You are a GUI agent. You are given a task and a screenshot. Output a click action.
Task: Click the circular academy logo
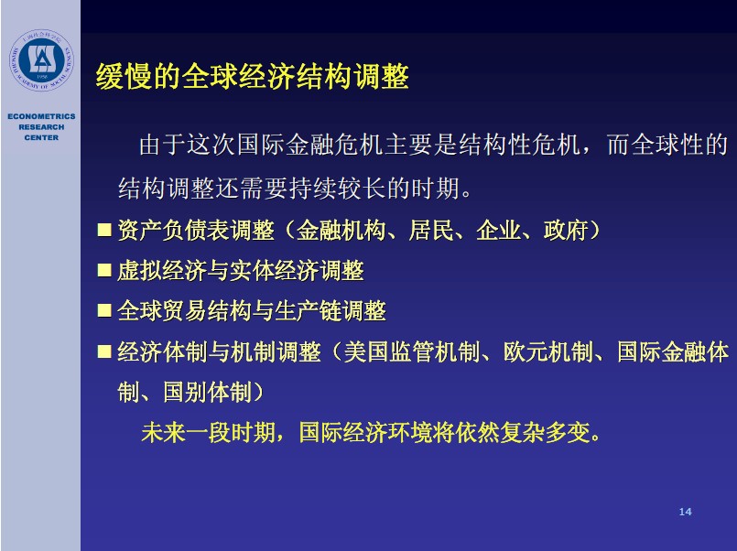[41, 60]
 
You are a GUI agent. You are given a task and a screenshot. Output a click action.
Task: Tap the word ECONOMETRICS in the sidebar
[41, 116]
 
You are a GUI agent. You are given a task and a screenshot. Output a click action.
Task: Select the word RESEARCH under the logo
[41, 127]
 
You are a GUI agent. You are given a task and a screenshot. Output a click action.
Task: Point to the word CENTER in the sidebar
[41, 137]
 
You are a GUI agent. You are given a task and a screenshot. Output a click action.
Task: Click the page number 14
[686, 512]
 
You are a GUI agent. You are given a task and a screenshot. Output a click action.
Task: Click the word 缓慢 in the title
[125, 76]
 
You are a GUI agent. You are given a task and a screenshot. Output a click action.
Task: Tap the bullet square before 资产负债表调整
[103, 230]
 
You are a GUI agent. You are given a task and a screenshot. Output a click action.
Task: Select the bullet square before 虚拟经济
[103, 271]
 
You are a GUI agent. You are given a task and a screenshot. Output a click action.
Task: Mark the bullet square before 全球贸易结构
[103, 311]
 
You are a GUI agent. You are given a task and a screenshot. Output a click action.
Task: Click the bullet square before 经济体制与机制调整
[103, 351]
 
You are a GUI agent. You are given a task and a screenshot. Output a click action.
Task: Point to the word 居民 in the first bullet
[431, 230]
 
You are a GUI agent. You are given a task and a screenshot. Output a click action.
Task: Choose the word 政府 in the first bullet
[566, 230]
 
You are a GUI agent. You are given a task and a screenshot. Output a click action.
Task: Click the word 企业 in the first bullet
[499, 230]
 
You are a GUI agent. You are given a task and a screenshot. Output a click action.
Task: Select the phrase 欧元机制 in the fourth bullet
[548, 351]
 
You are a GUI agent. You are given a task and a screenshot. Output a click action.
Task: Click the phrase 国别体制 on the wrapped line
[207, 392]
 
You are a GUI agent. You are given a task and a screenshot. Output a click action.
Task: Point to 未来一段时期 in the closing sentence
[208, 432]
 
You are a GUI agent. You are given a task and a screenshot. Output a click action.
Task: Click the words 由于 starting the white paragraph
[163, 145]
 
